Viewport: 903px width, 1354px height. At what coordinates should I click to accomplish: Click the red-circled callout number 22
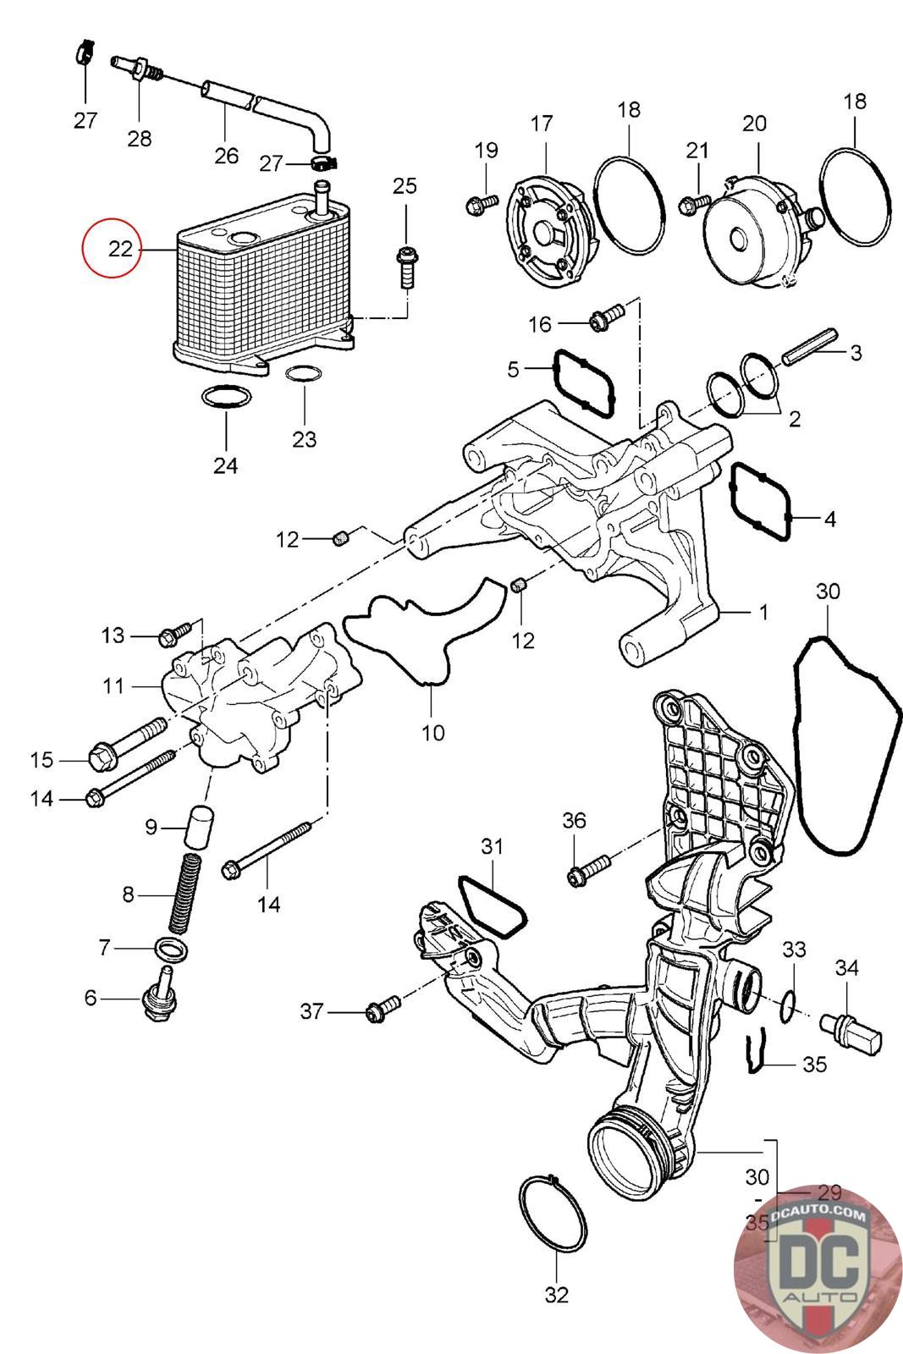point(120,249)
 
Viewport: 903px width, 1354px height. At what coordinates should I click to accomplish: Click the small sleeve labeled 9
point(200,826)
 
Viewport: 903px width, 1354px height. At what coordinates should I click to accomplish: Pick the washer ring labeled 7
point(171,950)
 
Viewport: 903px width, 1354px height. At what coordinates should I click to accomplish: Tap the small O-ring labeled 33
point(787,1006)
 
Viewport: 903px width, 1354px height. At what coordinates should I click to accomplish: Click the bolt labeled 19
point(482,204)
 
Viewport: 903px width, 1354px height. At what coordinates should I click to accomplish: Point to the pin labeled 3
point(810,346)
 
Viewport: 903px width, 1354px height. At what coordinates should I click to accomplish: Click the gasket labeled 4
point(760,501)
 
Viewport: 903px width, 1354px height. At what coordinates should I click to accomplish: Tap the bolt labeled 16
point(607,317)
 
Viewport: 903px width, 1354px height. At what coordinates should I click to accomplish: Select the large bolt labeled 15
point(128,744)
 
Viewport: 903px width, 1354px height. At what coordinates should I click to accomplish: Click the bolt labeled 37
point(383,1009)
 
